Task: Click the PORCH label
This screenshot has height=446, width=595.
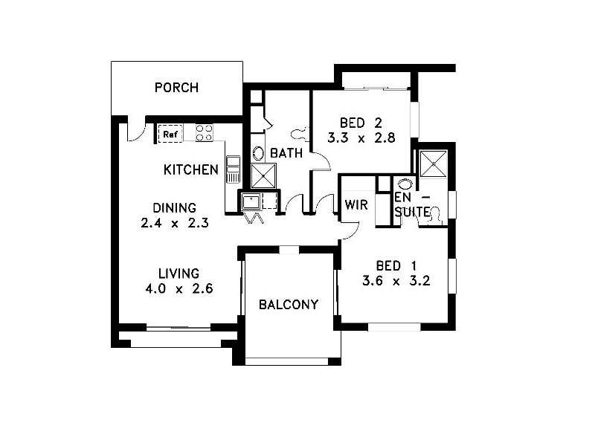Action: pos(176,88)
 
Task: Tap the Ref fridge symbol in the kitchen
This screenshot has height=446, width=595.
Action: pos(170,134)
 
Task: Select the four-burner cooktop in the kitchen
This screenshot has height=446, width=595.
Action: pos(204,133)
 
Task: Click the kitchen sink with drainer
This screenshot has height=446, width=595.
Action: pos(233,169)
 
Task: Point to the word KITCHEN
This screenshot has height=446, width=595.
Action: pos(191,170)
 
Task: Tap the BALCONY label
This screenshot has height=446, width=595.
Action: pos(289,305)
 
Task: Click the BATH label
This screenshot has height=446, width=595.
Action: pos(286,154)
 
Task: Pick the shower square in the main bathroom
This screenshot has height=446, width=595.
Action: pos(263,176)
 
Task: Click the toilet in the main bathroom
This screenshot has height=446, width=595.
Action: pos(300,134)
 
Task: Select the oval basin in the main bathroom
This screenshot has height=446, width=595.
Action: pos(258,153)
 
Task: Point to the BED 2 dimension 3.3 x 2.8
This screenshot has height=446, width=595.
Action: pos(361,138)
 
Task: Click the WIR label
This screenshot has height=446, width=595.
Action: pos(356,205)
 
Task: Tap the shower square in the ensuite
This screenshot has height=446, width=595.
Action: pos(431,163)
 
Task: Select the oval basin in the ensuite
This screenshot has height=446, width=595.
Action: pos(405,184)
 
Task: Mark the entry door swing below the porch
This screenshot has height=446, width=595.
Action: pos(135,130)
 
